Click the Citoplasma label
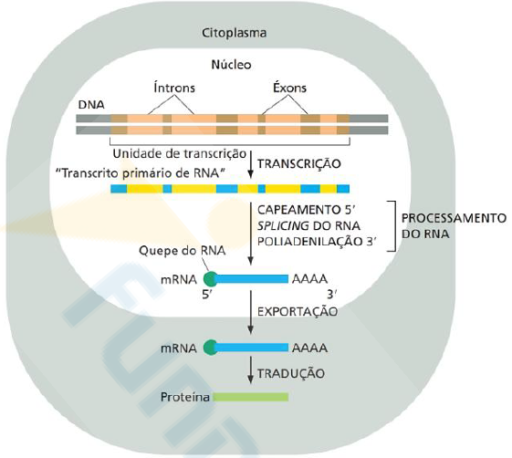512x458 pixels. [x=235, y=33]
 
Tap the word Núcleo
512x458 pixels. [x=232, y=64]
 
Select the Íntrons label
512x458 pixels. [x=174, y=88]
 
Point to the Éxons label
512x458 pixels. [x=289, y=88]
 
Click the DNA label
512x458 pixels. [x=91, y=105]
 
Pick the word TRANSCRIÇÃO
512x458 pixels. [x=299, y=163]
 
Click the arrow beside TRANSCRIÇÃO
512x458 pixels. [x=250, y=164]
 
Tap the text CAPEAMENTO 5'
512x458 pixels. [x=307, y=210]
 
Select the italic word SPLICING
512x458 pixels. [x=283, y=225]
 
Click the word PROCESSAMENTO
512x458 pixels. [x=454, y=218]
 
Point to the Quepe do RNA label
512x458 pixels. [x=183, y=251]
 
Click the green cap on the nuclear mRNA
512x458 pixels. [x=210, y=279]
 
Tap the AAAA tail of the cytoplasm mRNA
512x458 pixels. [x=309, y=348]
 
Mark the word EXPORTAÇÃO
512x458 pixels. [x=298, y=311]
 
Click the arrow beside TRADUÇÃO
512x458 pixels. [x=250, y=370]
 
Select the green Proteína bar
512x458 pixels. [x=251, y=397]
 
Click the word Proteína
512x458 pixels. [x=185, y=397]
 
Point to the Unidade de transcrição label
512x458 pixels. [x=179, y=153]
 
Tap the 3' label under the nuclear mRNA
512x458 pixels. [x=332, y=295]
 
